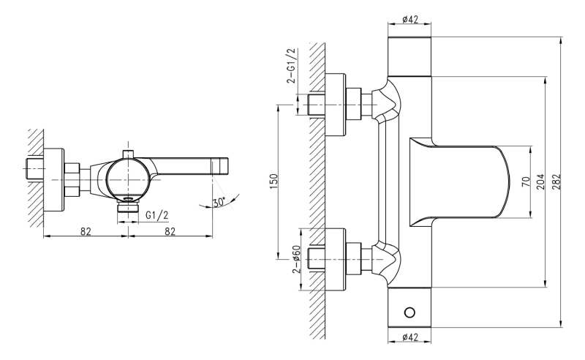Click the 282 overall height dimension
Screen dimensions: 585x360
click(556, 181)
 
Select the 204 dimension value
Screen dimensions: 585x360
click(540, 181)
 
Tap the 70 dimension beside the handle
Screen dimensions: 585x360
click(526, 182)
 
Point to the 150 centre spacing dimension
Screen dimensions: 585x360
click(273, 181)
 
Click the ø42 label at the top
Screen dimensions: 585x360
click(410, 20)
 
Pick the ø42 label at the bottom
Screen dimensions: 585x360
click(410, 337)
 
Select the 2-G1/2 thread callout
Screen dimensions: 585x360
click(291, 66)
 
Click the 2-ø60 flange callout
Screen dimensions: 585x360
click(297, 260)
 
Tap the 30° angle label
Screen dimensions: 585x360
click(219, 202)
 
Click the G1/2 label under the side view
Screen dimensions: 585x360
click(157, 214)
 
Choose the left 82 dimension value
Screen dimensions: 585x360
click(86, 231)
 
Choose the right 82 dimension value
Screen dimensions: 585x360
click(170, 231)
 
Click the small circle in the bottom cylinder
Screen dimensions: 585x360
click(409, 312)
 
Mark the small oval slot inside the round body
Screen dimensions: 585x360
click(129, 199)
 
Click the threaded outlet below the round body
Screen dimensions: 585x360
click(128, 207)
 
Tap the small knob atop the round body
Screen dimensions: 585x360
click(128, 153)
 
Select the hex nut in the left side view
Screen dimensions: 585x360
click(72, 180)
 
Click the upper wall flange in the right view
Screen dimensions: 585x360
click(336, 104)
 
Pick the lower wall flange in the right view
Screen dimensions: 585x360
click(336, 259)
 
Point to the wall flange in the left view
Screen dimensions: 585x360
click(53, 179)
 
